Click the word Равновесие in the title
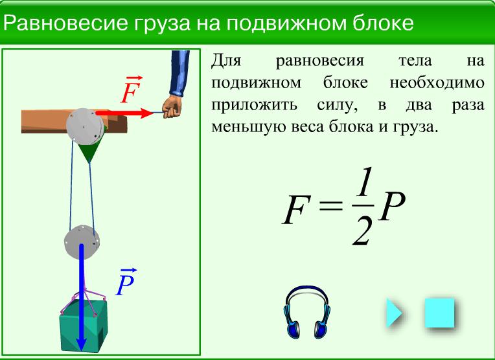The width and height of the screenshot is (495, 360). (65, 23)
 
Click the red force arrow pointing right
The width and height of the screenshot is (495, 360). (124, 113)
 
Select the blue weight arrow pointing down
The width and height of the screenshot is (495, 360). (82, 297)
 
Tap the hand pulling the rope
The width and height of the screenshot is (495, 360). (172, 107)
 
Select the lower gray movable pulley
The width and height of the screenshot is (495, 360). (82, 242)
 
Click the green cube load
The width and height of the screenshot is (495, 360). (84, 326)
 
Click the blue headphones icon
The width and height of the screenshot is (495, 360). (307, 312)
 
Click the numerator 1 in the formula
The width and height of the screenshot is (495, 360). (363, 182)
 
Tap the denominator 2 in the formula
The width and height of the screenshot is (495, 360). (362, 230)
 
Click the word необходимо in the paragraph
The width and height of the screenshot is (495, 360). (437, 83)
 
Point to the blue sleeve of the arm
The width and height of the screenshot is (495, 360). (180, 73)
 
